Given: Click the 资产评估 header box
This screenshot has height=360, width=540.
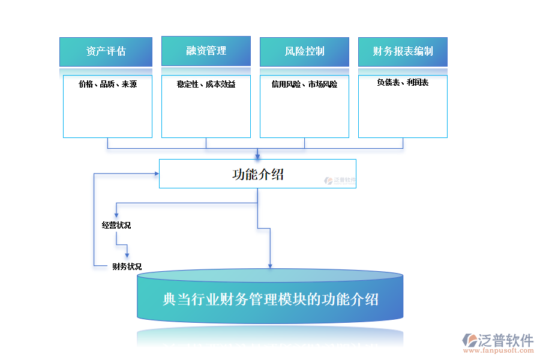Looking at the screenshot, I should [x=106, y=52].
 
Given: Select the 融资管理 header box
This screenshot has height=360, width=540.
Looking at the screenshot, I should [x=206, y=51].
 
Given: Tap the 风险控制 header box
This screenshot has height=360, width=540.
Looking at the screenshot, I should [x=304, y=52].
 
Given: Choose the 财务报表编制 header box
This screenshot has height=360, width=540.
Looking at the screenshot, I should [x=403, y=52].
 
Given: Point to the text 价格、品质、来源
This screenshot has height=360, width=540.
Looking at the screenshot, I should [x=107, y=85].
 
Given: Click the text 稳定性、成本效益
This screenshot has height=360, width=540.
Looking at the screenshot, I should [x=206, y=85].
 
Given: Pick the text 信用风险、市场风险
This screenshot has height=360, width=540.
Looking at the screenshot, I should [x=304, y=85].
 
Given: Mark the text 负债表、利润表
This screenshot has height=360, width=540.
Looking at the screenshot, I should [x=403, y=83].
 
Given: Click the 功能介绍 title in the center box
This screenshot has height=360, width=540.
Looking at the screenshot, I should [x=257, y=175].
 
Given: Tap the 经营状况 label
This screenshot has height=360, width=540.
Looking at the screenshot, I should [x=116, y=226].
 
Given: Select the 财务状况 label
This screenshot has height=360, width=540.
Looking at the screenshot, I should [x=127, y=266].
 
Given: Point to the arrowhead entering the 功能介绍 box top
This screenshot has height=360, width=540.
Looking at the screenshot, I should [x=257, y=156].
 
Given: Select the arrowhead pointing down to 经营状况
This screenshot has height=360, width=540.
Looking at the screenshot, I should [x=116, y=214].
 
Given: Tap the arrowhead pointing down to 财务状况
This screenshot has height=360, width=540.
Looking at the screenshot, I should [x=127, y=256].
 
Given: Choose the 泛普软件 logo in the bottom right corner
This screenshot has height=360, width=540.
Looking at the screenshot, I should [x=498, y=341].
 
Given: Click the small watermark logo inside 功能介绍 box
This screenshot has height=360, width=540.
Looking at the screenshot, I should [x=340, y=179].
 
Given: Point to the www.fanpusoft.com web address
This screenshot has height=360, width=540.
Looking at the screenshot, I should [x=499, y=353].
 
